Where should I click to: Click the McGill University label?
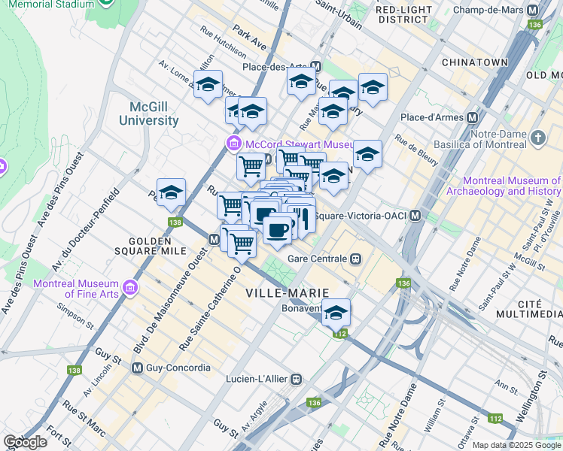click(148, 114)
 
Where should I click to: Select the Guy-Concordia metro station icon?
click(138, 368)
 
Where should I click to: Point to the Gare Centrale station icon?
click(356, 259)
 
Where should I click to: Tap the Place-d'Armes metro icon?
click(473, 117)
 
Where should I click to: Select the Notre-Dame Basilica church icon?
click(537, 138)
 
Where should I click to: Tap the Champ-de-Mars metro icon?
click(533, 11)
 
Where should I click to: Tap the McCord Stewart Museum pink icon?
click(233, 144)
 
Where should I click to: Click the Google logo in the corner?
click(26, 443)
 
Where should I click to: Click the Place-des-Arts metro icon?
click(315, 67)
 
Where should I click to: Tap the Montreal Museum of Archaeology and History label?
click(512, 186)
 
